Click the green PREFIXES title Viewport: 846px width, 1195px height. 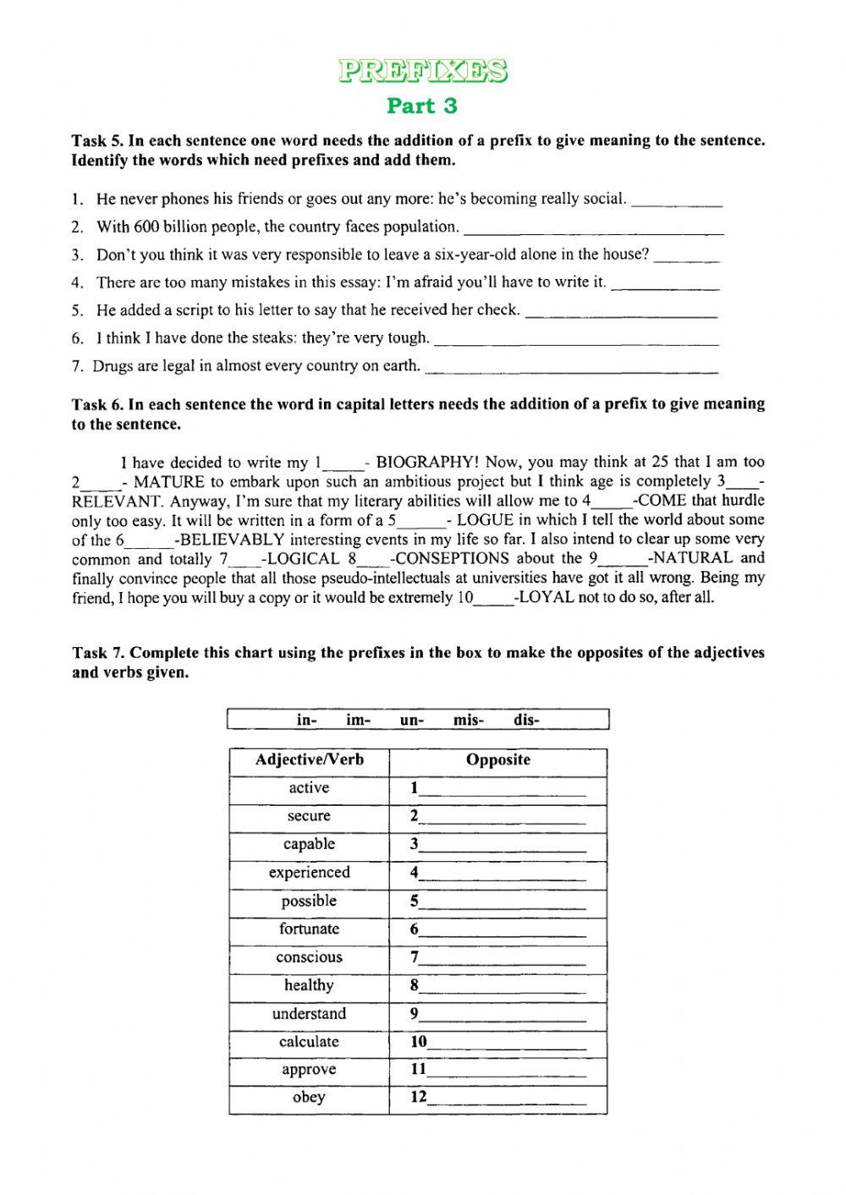click(423, 71)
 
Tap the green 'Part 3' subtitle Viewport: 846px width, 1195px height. click(422, 106)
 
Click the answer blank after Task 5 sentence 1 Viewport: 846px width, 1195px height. click(677, 201)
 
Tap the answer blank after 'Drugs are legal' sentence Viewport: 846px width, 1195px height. click(572, 368)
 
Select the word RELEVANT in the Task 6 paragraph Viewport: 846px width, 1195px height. click(113, 501)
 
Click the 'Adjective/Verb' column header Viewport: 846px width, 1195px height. click(310, 760)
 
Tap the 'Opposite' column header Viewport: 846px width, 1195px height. click(498, 760)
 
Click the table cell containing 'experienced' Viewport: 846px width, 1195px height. click(310, 873)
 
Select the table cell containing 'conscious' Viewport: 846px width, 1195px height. click(310, 957)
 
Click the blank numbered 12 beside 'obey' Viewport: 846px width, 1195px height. click(506, 1099)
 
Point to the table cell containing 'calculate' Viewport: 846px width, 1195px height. click(310, 1042)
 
